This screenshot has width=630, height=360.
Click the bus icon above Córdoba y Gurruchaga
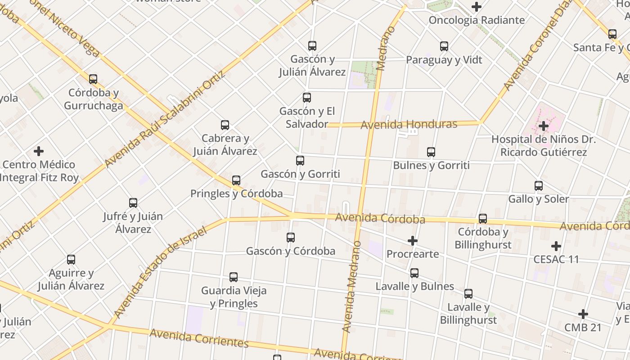[93, 79]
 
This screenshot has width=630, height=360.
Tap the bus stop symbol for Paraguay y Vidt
[444, 46]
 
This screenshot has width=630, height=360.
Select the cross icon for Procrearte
[413, 241]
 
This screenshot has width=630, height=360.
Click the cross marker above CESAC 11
[556, 246]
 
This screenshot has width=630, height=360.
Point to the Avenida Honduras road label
[409, 124]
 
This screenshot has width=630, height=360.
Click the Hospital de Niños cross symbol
[544, 126]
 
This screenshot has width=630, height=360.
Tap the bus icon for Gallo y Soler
[539, 185]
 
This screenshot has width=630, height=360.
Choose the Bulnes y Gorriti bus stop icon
[431, 152]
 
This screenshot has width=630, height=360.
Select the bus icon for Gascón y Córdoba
[291, 237]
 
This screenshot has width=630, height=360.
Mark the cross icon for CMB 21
[583, 314]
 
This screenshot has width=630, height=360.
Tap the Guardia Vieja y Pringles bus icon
[234, 277]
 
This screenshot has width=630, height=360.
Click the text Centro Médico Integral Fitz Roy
[39, 171]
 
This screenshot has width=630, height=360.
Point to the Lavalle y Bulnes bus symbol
[414, 273]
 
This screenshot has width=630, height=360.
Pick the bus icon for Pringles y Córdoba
[236, 180]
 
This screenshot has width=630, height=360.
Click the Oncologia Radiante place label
[477, 20]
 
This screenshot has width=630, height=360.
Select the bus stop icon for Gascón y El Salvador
[307, 98]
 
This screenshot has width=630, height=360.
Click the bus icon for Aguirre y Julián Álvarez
[71, 260]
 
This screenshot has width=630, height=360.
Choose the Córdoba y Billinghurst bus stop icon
[483, 219]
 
